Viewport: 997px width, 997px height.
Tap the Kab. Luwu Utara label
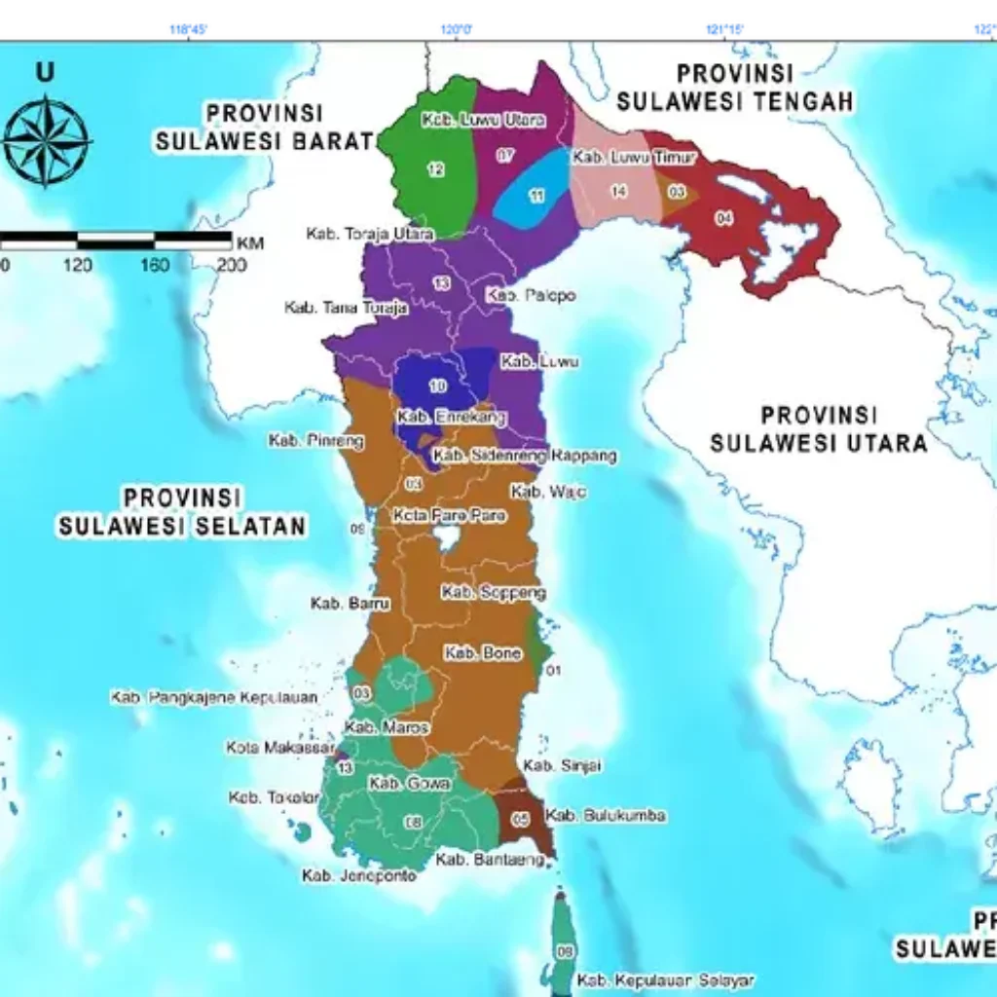(x=484, y=121)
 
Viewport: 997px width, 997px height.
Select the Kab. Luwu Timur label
(x=634, y=158)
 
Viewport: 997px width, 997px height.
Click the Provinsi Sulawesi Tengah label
(x=736, y=88)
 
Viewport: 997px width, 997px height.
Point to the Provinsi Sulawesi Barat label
(x=265, y=128)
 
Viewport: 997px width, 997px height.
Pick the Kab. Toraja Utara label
(x=356, y=234)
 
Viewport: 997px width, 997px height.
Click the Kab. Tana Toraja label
(x=332, y=308)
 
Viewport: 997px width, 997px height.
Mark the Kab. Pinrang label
(x=316, y=441)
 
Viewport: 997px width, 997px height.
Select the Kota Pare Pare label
(x=449, y=515)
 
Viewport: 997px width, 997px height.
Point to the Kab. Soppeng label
(x=494, y=592)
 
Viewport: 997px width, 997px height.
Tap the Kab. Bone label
(x=483, y=653)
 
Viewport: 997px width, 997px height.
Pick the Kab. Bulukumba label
(x=606, y=815)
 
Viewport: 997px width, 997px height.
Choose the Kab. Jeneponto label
(x=359, y=876)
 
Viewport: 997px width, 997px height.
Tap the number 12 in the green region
(x=435, y=170)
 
